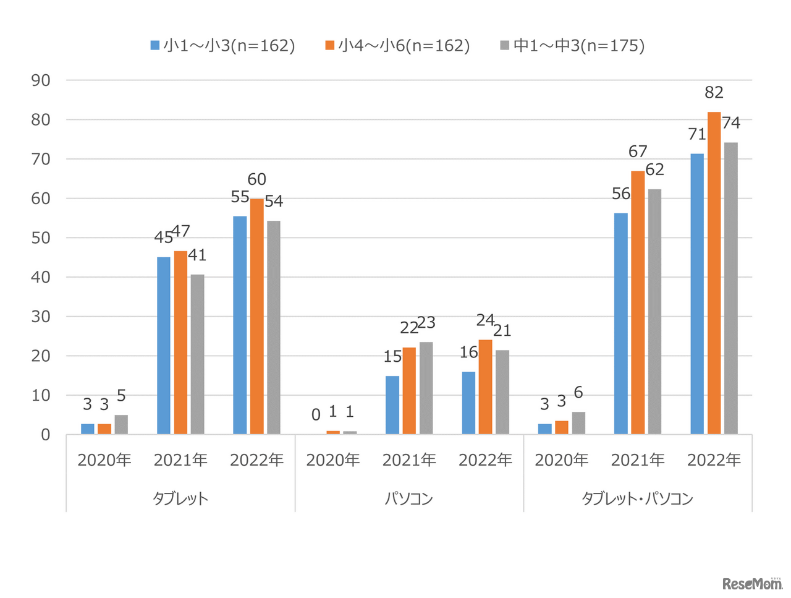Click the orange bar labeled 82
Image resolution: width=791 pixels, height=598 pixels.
click(x=714, y=273)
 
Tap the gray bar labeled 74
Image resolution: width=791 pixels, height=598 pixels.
click(x=731, y=288)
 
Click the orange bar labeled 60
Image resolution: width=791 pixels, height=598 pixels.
click(x=257, y=316)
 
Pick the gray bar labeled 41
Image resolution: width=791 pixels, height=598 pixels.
click(x=197, y=354)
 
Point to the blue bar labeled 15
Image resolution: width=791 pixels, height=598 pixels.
click(x=392, y=405)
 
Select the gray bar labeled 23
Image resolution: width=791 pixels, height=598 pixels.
click(x=426, y=388)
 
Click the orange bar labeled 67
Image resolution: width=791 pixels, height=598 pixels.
click(x=638, y=302)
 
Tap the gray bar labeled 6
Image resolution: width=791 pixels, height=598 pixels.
click(x=578, y=423)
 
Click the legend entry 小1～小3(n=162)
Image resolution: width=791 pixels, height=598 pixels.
click(x=223, y=45)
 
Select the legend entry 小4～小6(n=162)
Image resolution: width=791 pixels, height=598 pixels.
click(x=398, y=45)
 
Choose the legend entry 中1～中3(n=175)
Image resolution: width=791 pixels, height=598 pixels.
click(x=572, y=45)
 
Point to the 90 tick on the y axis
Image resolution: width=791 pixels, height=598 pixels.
click(x=41, y=80)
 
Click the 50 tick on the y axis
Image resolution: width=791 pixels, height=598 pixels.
click(x=41, y=238)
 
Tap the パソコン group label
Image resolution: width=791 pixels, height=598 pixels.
click(x=409, y=498)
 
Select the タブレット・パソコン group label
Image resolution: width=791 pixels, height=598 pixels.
click(x=638, y=498)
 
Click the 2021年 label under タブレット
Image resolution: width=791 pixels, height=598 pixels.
click(x=180, y=460)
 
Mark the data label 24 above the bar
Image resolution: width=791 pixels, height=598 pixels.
click(x=485, y=320)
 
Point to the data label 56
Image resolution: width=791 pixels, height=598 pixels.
click(x=621, y=194)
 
